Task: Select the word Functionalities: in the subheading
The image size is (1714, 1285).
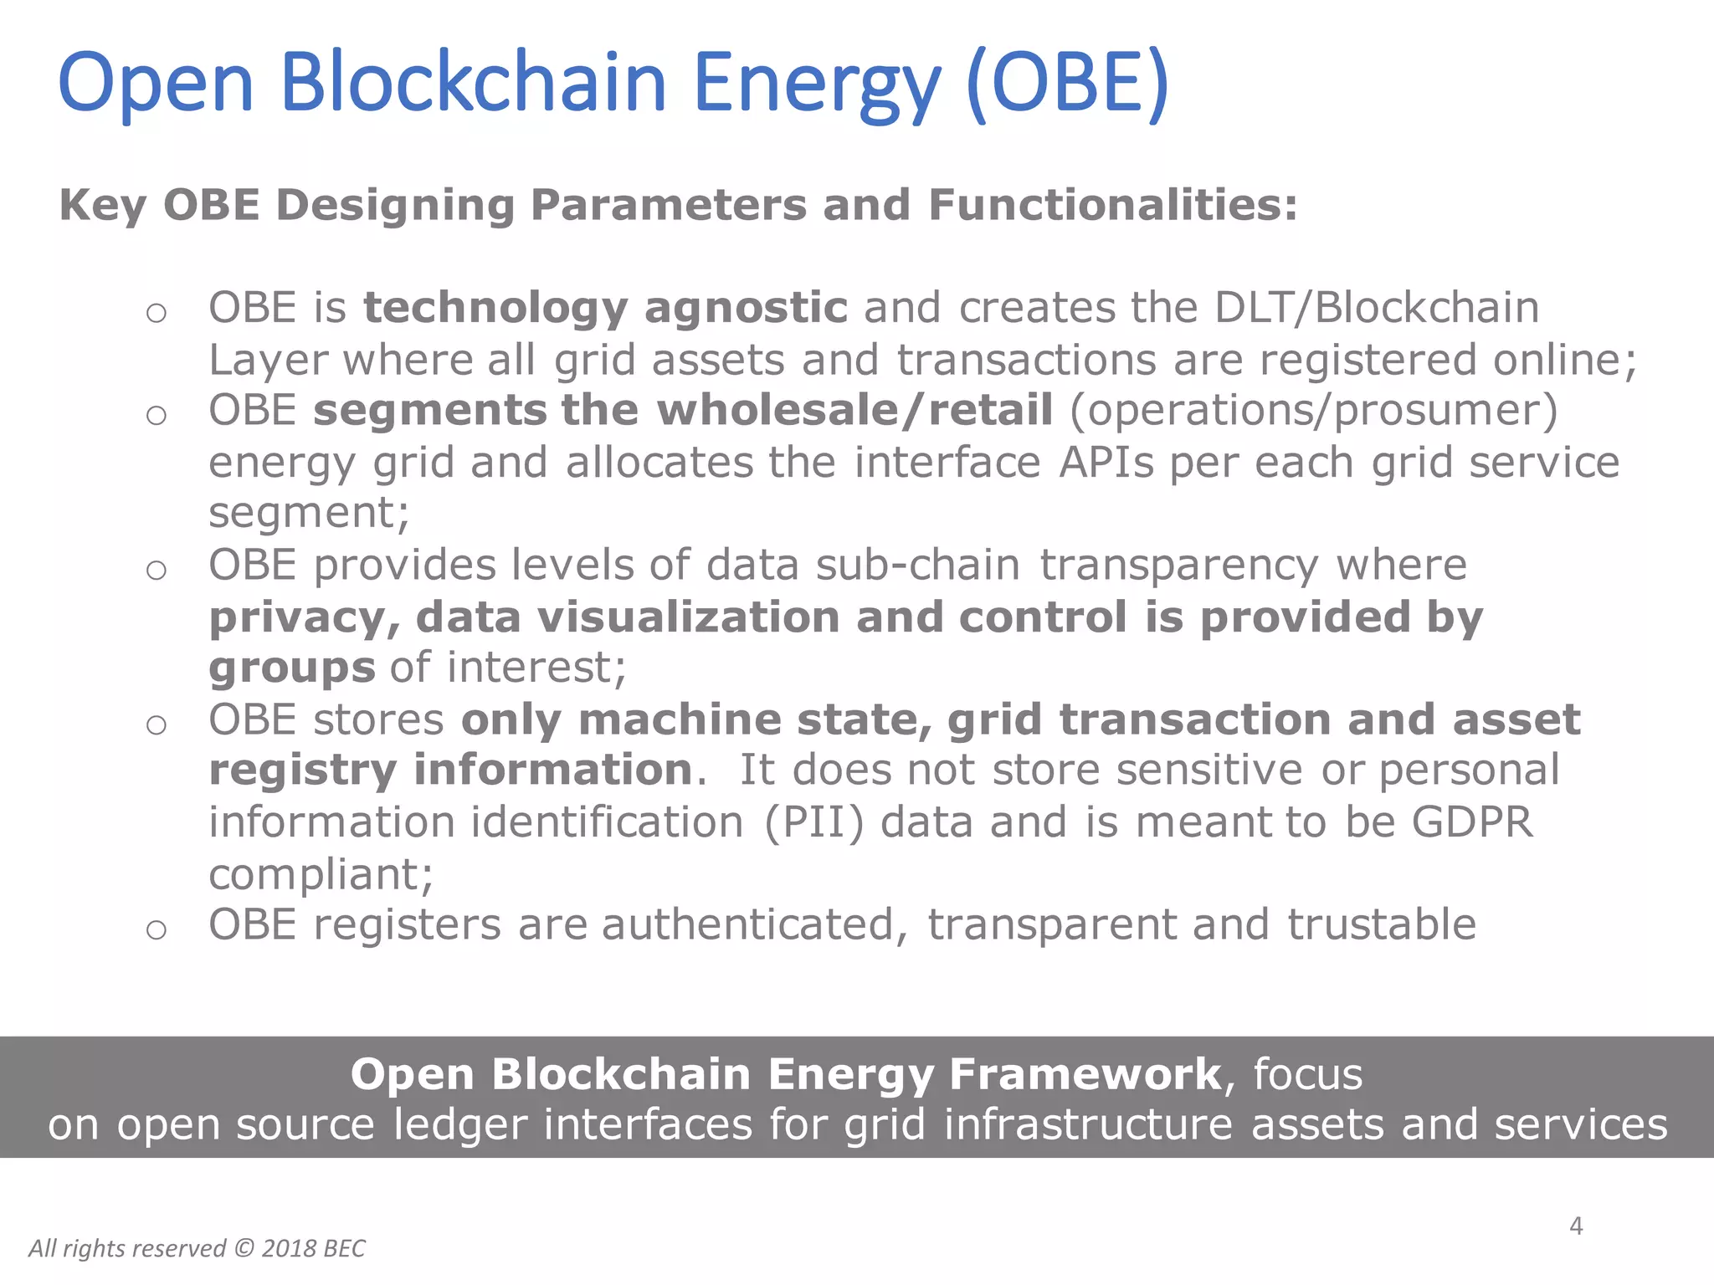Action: point(1113,205)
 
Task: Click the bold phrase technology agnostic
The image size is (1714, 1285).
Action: point(605,308)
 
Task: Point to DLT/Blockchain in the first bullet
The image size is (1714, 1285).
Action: point(1376,308)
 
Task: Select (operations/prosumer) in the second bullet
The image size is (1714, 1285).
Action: point(1313,411)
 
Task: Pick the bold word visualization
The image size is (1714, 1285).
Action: point(688,617)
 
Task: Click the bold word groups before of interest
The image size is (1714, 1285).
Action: point(292,668)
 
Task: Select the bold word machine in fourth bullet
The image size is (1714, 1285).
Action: point(679,720)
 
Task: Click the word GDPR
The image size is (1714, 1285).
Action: point(1472,823)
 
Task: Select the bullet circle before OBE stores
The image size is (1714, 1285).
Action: point(157,724)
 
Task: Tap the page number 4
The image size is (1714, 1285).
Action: point(1576,1226)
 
